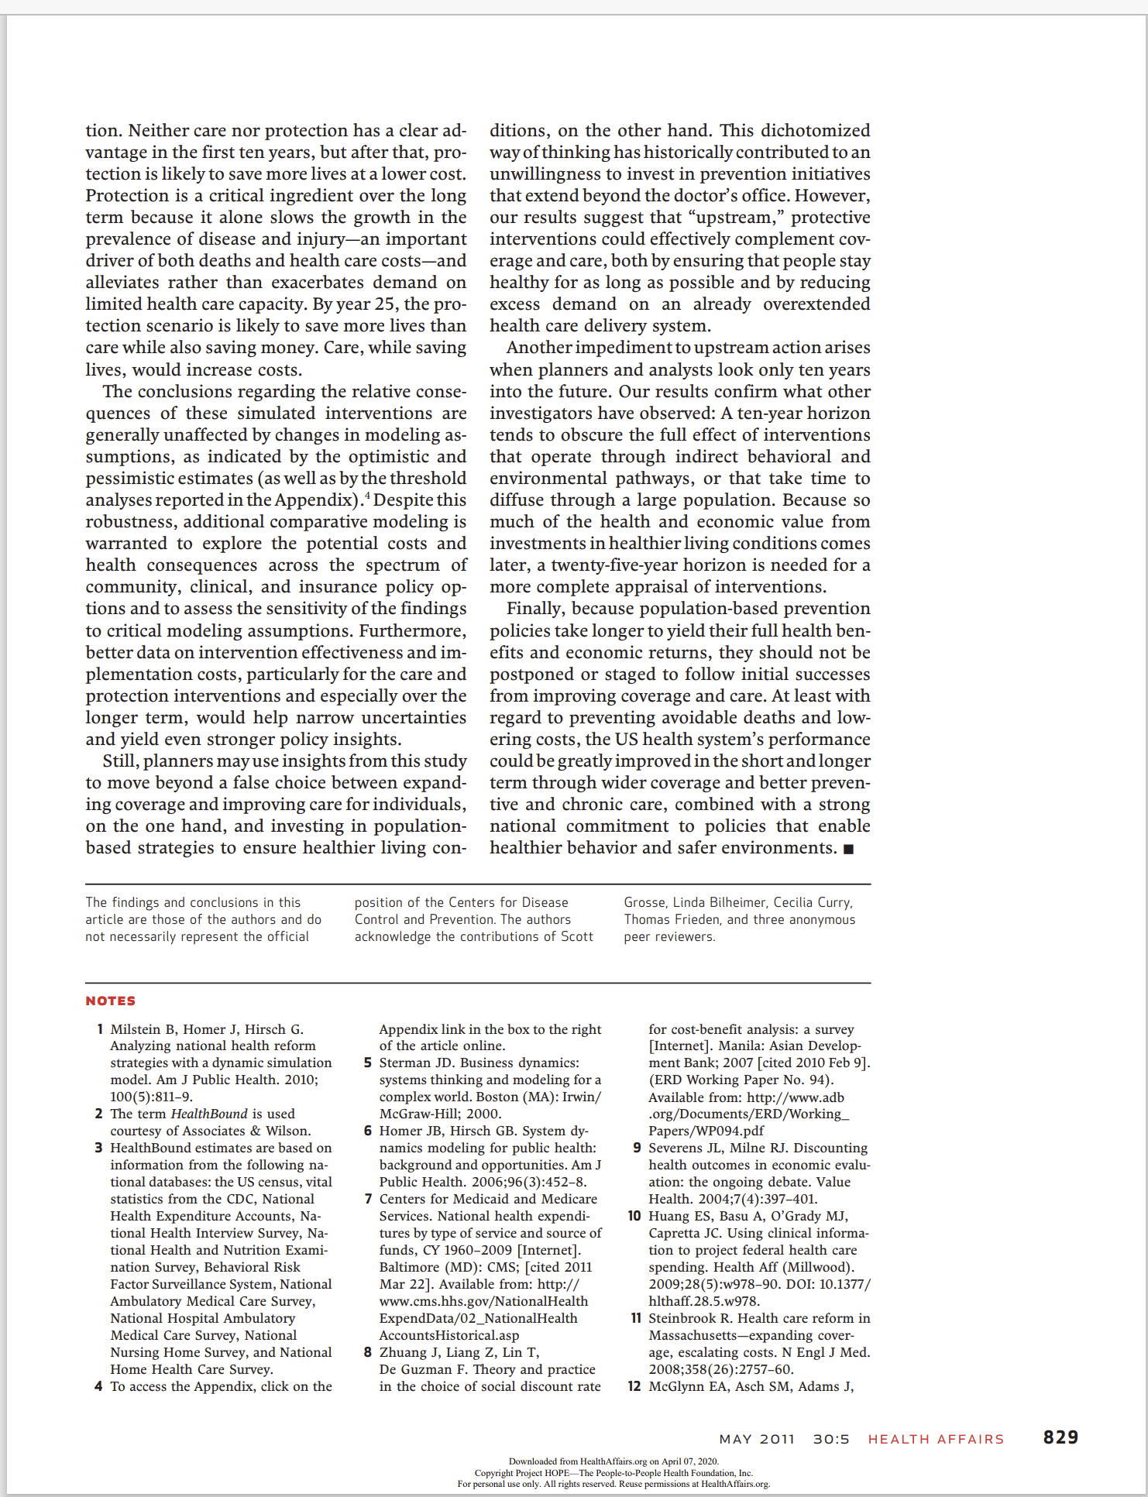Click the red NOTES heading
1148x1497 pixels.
click(x=110, y=1001)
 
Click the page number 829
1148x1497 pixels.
click(x=1060, y=1437)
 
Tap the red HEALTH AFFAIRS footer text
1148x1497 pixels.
click(x=935, y=1439)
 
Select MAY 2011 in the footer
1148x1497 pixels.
click(x=756, y=1439)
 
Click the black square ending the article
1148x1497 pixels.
click(x=848, y=850)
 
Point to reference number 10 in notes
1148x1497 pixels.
click(x=634, y=1216)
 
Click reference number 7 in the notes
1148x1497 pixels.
click(x=368, y=1199)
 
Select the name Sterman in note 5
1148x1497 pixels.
click(x=406, y=1063)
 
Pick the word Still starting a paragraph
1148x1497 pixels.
click(x=120, y=761)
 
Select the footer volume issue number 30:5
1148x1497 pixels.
click(x=830, y=1439)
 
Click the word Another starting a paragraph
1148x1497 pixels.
click(x=539, y=348)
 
